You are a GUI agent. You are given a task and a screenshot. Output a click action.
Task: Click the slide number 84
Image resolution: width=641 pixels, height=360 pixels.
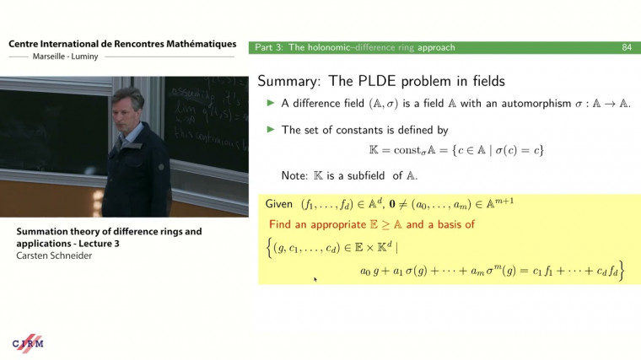pyautogui.click(x=627, y=47)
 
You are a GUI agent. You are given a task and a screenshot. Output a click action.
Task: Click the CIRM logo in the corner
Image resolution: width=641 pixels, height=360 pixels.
pyautogui.click(x=28, y=343)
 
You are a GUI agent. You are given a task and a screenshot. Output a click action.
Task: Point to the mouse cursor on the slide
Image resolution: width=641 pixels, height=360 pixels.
pyautogui.click(x=315, y=278)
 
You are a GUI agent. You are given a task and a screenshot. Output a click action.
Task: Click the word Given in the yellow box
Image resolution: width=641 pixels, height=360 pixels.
pyautogui.click(x=279, y=205)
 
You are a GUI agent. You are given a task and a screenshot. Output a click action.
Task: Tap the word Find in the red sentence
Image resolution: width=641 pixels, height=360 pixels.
pyautogui.click(x=281, y=225)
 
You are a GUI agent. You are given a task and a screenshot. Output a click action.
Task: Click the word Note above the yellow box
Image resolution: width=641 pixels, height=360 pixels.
pyautogui.click(x=297, y=175)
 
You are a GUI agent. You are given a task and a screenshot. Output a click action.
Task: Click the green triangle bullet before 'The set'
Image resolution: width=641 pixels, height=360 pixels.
pyautogui.click(x=271, y=130)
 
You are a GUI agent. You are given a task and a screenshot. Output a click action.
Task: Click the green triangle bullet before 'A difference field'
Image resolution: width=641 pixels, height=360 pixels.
pyautogui.click(x=271, y=104)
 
